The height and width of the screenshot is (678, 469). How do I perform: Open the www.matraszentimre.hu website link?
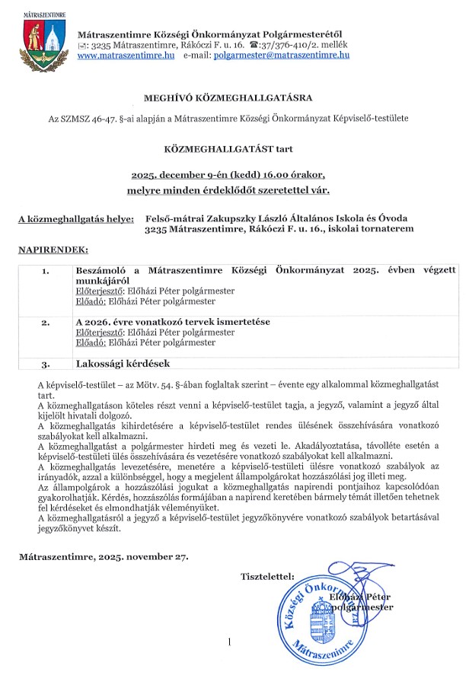click(126, 56)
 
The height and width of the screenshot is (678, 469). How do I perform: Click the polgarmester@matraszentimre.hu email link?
click(281, 56)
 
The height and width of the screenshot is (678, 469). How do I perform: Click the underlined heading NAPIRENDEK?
click(53, 249)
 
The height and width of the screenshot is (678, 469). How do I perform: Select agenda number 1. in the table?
click(45, 270)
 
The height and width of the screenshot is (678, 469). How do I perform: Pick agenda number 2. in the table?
click(45, 322)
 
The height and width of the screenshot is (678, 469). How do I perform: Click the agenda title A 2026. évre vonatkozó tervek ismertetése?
click(172, 322)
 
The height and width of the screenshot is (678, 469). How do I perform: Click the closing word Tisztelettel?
click(266, 576)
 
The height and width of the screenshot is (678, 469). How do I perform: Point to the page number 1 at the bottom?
click(228, 644)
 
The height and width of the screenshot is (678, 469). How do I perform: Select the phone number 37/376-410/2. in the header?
click(298, 45)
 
